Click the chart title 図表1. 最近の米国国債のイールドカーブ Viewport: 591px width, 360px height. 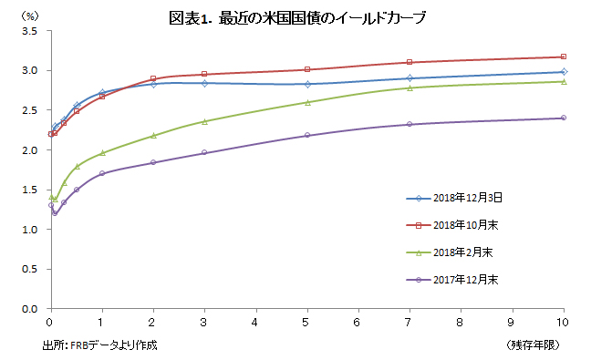click(x=297, y=17)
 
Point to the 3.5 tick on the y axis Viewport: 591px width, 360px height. click(x=29, y=31)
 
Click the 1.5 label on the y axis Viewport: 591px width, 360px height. click(x=29, y=190)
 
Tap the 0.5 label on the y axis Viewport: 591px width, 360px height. click(x=29, y=269)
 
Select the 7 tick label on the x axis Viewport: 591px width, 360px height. click(x=408, y=323)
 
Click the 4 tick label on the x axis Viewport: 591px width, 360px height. click(x=254, y=323)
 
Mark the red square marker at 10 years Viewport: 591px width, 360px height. click(x=564, y=57)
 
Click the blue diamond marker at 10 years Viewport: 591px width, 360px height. click(x=564, y=72)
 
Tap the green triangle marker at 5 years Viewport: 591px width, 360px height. click(x=307, y=102)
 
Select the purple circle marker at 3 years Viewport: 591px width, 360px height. click(x=204, y=152)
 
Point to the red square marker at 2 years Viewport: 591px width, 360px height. click(x=153, y=78)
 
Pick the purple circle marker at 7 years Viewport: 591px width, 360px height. click(x=410, y=124)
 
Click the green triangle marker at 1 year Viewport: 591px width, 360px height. click(x=102, y=153)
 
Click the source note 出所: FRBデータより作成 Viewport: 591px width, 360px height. click(x=100, y=345)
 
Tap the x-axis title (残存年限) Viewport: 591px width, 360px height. click(x=533, y=345)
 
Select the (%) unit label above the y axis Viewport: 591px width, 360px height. click(x=30, y=15)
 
